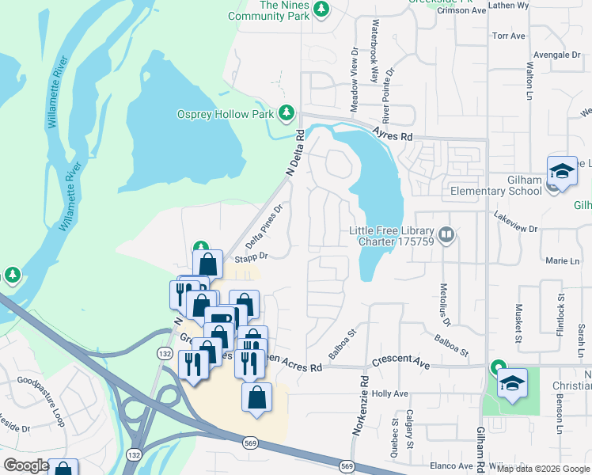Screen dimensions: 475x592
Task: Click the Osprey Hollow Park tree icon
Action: coord(287,114)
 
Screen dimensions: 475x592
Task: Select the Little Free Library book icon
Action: coord(447,234)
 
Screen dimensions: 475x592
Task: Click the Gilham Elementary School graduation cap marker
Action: coord(561,171)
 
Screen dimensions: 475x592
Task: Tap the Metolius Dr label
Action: coord(444,306)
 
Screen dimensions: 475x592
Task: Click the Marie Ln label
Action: coord(563,260)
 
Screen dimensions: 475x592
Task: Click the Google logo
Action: coord(26,465)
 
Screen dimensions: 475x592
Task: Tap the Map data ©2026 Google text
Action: coord(542,469)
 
